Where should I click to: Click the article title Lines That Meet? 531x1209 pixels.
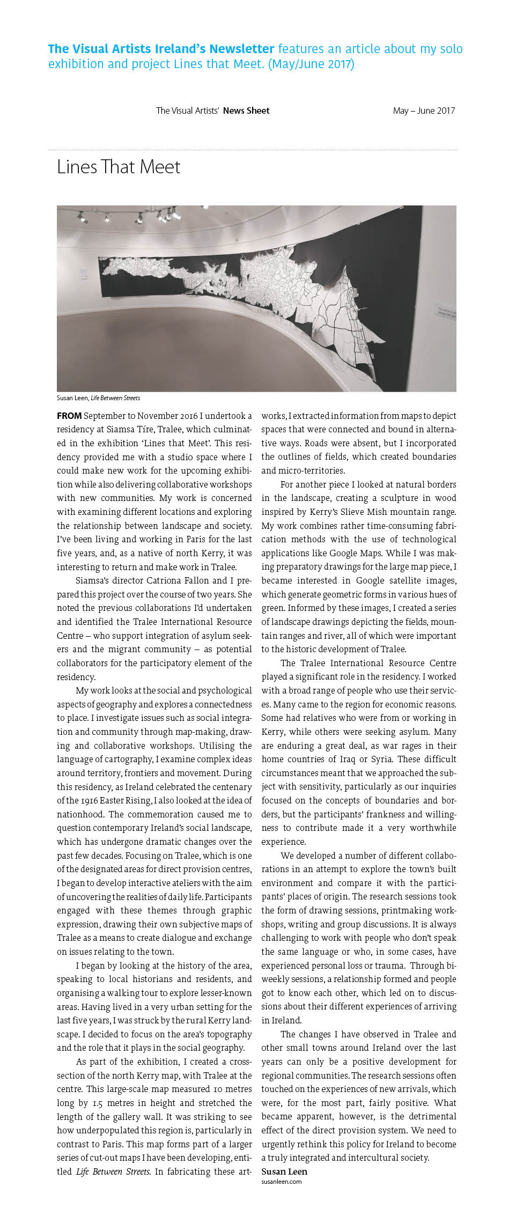click(119, 167)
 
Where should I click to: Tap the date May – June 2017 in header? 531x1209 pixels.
click(424, 111)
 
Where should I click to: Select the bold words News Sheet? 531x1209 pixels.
click(246, 111)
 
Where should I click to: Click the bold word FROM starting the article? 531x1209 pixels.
click(69, 416)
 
